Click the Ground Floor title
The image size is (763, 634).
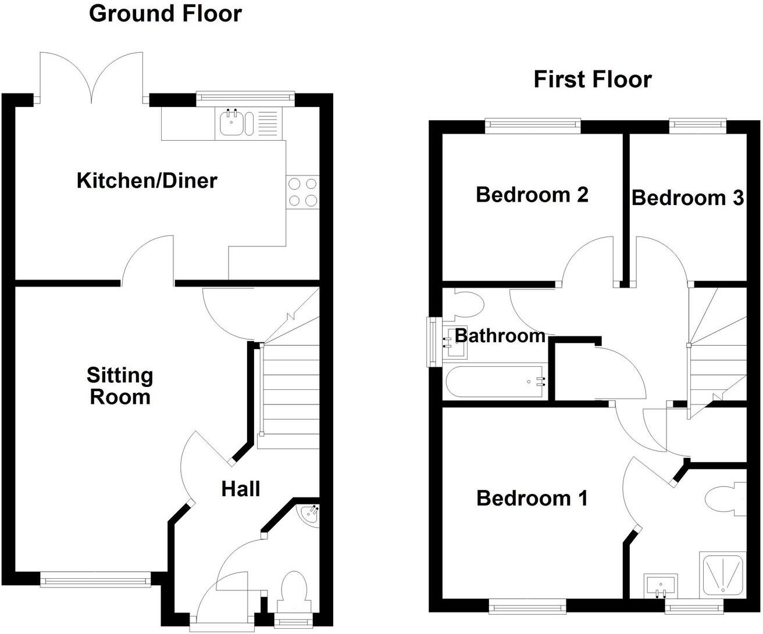165,13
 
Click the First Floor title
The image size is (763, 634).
592,79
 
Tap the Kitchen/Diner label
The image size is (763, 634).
147,180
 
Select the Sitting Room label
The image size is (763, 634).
119,386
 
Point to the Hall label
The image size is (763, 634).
240,489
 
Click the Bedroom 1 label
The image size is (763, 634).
532,498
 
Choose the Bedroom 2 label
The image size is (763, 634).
532,194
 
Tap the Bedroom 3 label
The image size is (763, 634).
687,198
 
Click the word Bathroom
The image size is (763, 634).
500,335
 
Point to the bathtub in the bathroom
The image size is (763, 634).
495,382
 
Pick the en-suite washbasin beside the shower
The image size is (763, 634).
661,585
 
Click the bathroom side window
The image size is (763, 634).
433,342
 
